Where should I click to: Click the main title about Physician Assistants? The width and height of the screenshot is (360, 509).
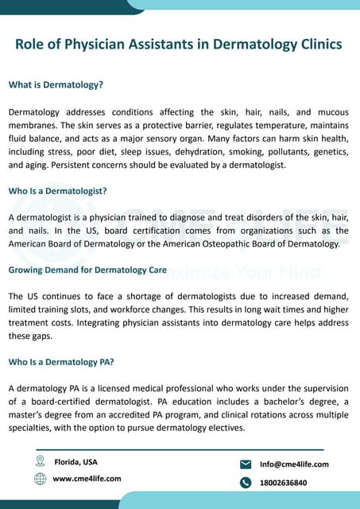(x=179, y=45)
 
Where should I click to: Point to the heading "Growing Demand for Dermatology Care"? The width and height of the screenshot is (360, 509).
(x=87, y=270)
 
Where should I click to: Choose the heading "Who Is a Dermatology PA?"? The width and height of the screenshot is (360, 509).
(x=61, y=362)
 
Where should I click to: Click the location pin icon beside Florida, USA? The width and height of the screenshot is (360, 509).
(x=40, y=461)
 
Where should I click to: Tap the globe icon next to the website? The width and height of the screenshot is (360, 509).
(x=40, y=478)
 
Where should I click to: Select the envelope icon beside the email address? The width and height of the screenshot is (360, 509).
(x=245, y=464)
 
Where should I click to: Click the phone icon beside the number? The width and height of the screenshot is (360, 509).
(x=245, y=482)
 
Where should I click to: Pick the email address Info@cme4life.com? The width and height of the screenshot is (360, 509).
(x=294, y=464)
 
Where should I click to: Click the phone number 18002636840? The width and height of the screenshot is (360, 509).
(x=284, y=482)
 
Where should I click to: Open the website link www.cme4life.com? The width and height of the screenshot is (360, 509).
(x=87, y=478)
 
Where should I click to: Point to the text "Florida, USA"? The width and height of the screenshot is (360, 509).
(x=76, y=461)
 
